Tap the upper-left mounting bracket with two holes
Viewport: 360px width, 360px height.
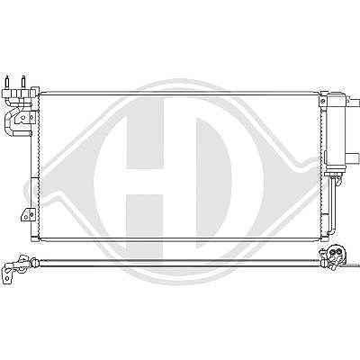pos(26,118)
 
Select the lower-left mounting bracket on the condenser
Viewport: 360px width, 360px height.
pos(27,214)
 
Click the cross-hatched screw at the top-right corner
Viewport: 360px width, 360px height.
pos(323,101)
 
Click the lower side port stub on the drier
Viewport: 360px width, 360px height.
pos(353,157)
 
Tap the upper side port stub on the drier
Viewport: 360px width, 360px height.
pos(353,102)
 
